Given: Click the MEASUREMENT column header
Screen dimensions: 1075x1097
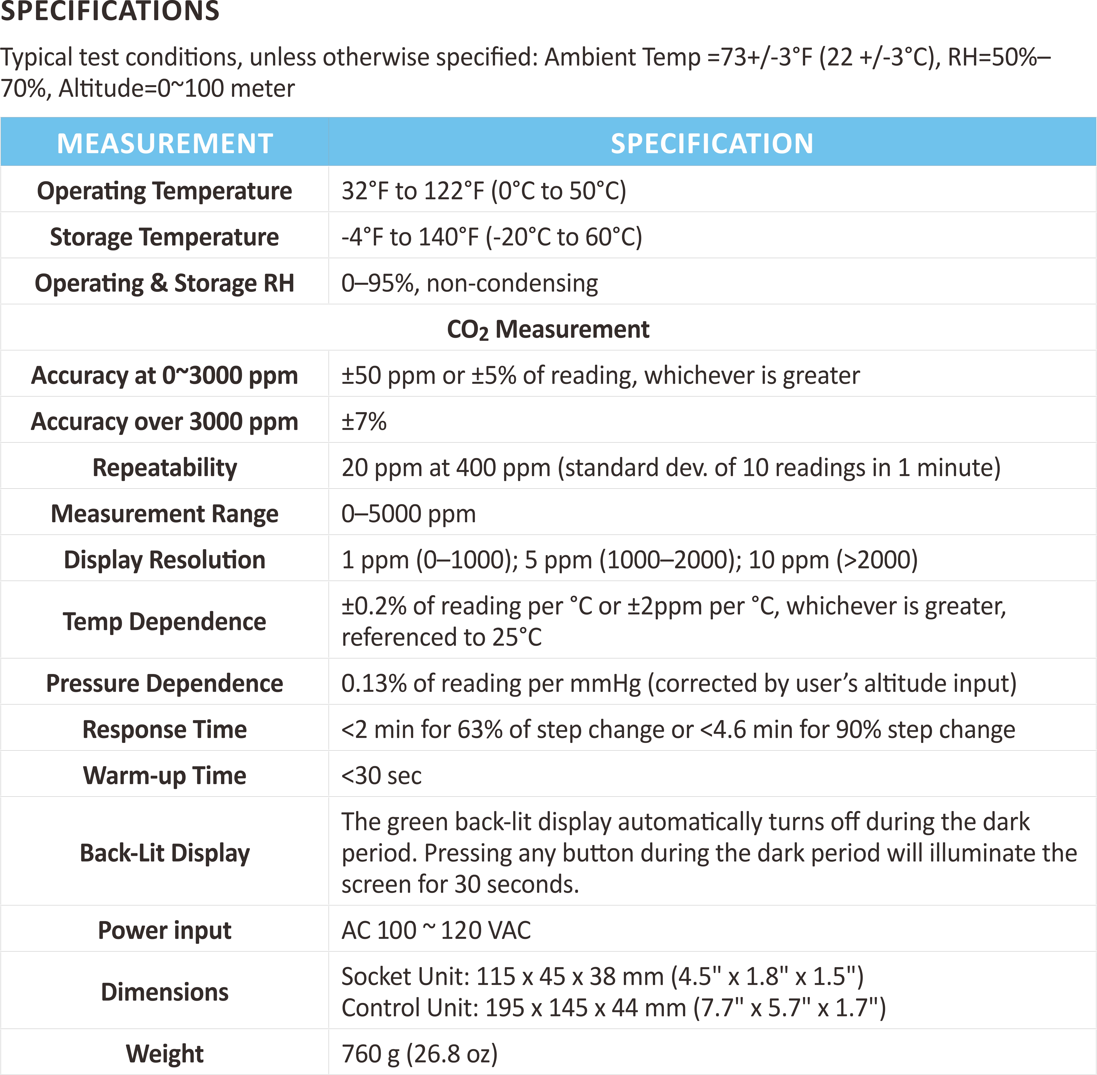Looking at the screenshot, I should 165,143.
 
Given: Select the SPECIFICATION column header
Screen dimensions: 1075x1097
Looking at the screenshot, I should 712,143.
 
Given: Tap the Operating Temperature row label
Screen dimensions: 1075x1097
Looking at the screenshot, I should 164,191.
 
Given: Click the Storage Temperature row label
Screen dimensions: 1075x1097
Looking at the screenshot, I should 164,237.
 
